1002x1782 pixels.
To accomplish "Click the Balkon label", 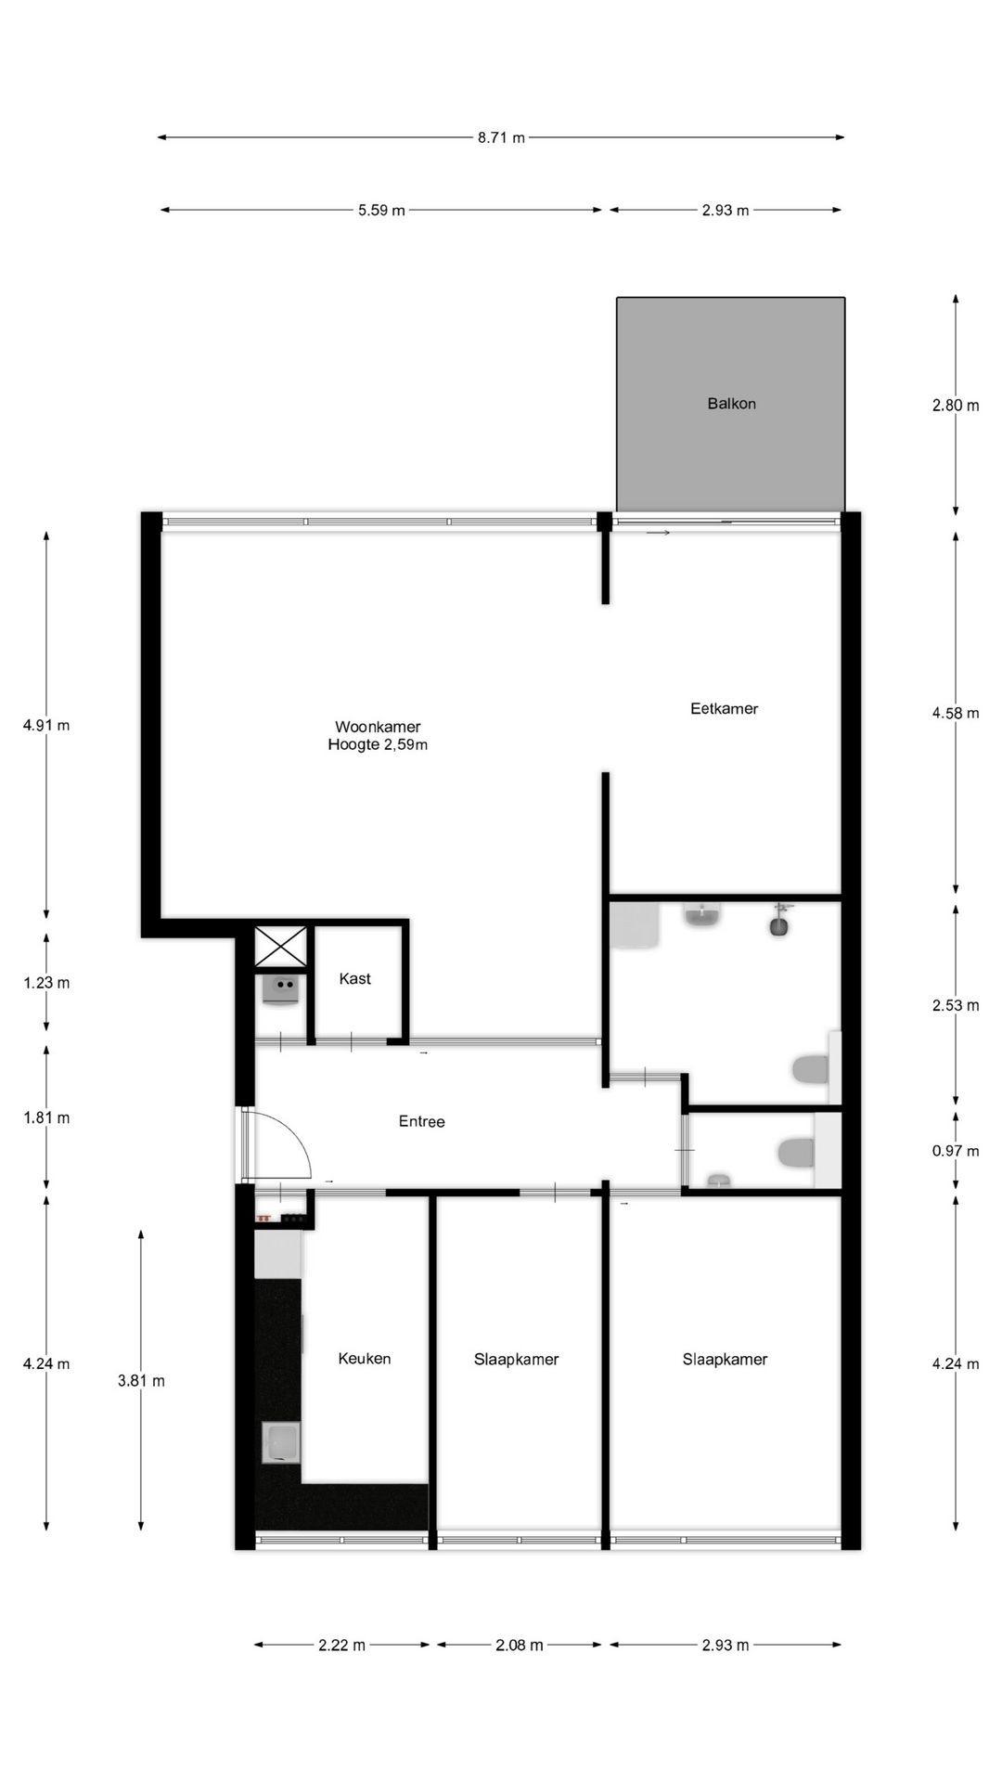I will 731,404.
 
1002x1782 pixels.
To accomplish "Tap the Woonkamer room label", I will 378,728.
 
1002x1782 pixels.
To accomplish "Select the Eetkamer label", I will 724,709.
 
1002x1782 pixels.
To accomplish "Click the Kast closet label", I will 354,979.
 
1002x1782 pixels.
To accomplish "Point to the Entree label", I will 421,1122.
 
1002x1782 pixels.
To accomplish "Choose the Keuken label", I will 364,1359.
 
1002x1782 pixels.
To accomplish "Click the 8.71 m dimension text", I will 501,138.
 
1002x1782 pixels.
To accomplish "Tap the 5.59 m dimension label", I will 381,211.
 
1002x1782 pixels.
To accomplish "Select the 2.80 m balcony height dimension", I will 956,406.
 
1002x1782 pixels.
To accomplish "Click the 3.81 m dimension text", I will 141,1381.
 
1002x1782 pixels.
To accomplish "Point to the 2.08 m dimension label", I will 519,1646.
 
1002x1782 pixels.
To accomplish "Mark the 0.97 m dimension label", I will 956,1152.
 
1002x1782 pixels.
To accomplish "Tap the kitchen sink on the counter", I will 281,1442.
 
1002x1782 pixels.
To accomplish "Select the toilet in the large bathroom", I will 811,1069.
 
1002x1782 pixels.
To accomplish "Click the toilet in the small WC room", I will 796,1153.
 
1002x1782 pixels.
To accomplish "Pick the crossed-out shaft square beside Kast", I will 280,948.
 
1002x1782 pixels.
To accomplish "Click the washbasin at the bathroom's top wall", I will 702,916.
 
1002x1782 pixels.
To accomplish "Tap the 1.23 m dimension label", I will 46,983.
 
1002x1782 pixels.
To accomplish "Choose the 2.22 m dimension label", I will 341,1646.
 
